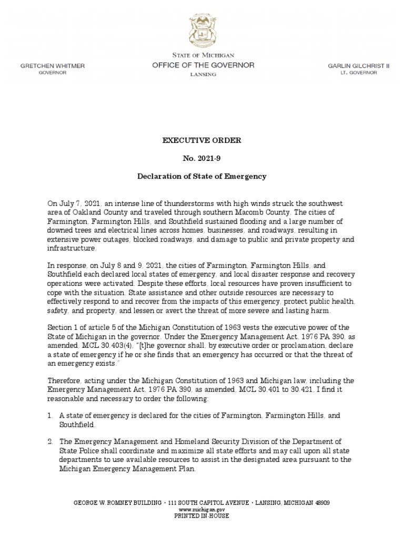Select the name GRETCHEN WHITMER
click(x=52, y=66)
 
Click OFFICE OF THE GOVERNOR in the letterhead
click(x=203, y=65)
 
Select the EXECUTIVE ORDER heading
click(x=202, y=141)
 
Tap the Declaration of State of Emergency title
click(x=202, y=176)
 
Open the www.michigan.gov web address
click(x=202, y=510)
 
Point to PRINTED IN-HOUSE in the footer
click(x=202, y=516)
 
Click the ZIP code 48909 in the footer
click(x=321, y=503)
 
